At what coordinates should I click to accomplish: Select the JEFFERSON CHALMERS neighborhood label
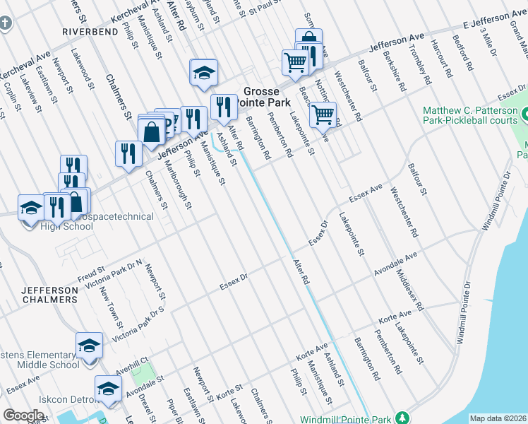49,295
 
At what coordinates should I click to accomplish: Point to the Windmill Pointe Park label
345,419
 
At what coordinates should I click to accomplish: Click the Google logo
23,416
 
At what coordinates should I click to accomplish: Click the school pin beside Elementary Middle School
89,346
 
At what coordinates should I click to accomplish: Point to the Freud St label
91,270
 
